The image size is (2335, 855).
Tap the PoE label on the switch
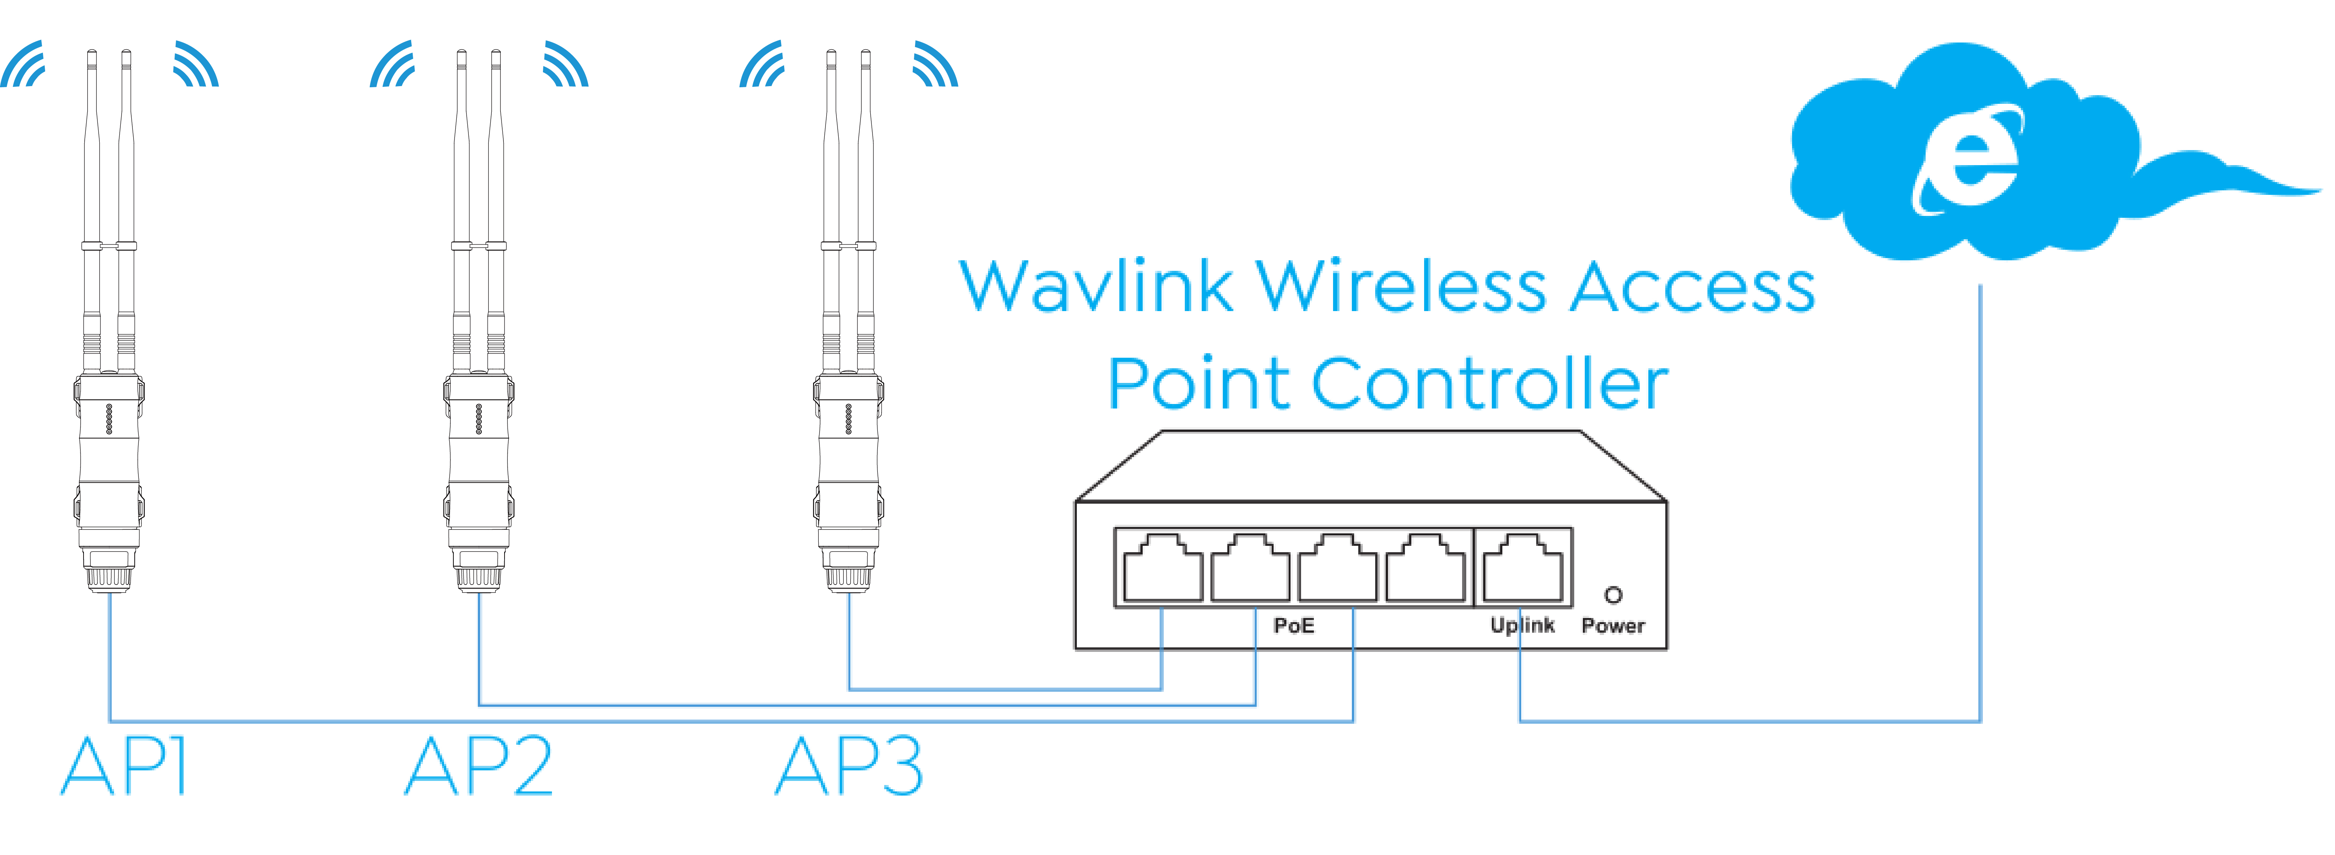(1294, 626)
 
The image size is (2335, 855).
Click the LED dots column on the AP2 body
(479, 419)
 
